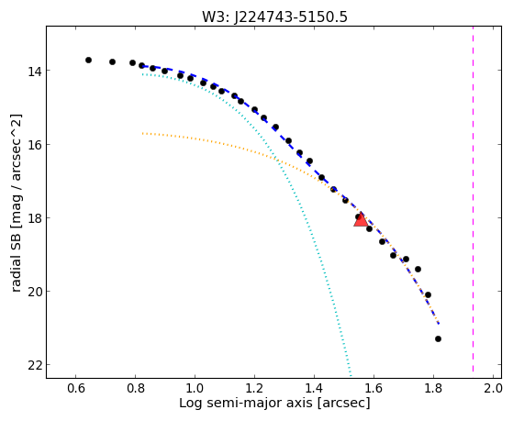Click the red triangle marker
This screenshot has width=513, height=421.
coord(361,219)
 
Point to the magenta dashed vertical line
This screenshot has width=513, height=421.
coord(474,199)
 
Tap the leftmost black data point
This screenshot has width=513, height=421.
coord(88,60)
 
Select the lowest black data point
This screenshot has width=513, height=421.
coord(438,338)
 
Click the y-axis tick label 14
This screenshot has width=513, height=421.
coord(34,72)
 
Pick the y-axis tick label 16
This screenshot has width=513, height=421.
coord(34,145)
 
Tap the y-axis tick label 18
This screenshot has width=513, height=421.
coord(34,218)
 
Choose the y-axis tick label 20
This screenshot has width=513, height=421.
coord(34,292)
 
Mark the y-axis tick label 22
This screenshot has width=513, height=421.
coord(34,365)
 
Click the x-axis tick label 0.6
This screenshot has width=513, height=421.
coord(75,388)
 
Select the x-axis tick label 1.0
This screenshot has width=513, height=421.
coord(195,388)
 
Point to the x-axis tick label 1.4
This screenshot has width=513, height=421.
coord(314,388)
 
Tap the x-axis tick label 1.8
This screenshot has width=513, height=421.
coord(433,388)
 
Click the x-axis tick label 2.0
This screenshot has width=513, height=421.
coord(493,388)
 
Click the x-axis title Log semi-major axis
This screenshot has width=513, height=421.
coord(246,404)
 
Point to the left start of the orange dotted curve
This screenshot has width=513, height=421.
coord(142,133)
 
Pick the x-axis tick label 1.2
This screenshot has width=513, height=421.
coord(254,388)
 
